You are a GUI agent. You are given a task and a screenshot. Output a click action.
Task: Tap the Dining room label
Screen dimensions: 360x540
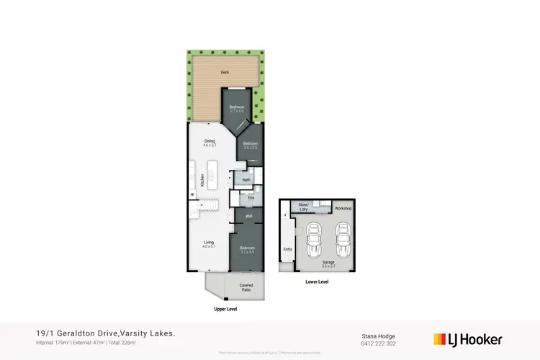(210, 143)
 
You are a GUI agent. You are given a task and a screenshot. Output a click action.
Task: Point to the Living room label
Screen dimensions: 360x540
(209, 244)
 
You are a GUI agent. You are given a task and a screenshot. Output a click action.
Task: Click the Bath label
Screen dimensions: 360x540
(246, 179)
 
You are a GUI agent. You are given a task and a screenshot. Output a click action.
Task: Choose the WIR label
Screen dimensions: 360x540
(248, 215)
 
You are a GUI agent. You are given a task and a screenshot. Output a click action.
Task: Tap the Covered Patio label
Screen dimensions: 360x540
(246, 287)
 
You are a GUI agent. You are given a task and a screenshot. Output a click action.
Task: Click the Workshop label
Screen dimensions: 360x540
(343, 208)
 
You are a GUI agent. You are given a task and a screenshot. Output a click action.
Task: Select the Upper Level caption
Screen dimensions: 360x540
(226, 309)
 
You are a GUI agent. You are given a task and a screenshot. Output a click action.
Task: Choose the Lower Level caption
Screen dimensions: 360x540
(317, 282)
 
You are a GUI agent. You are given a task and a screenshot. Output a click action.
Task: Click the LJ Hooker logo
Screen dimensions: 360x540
(467, 339)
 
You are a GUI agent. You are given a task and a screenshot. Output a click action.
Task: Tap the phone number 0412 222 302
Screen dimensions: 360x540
(378, 344)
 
